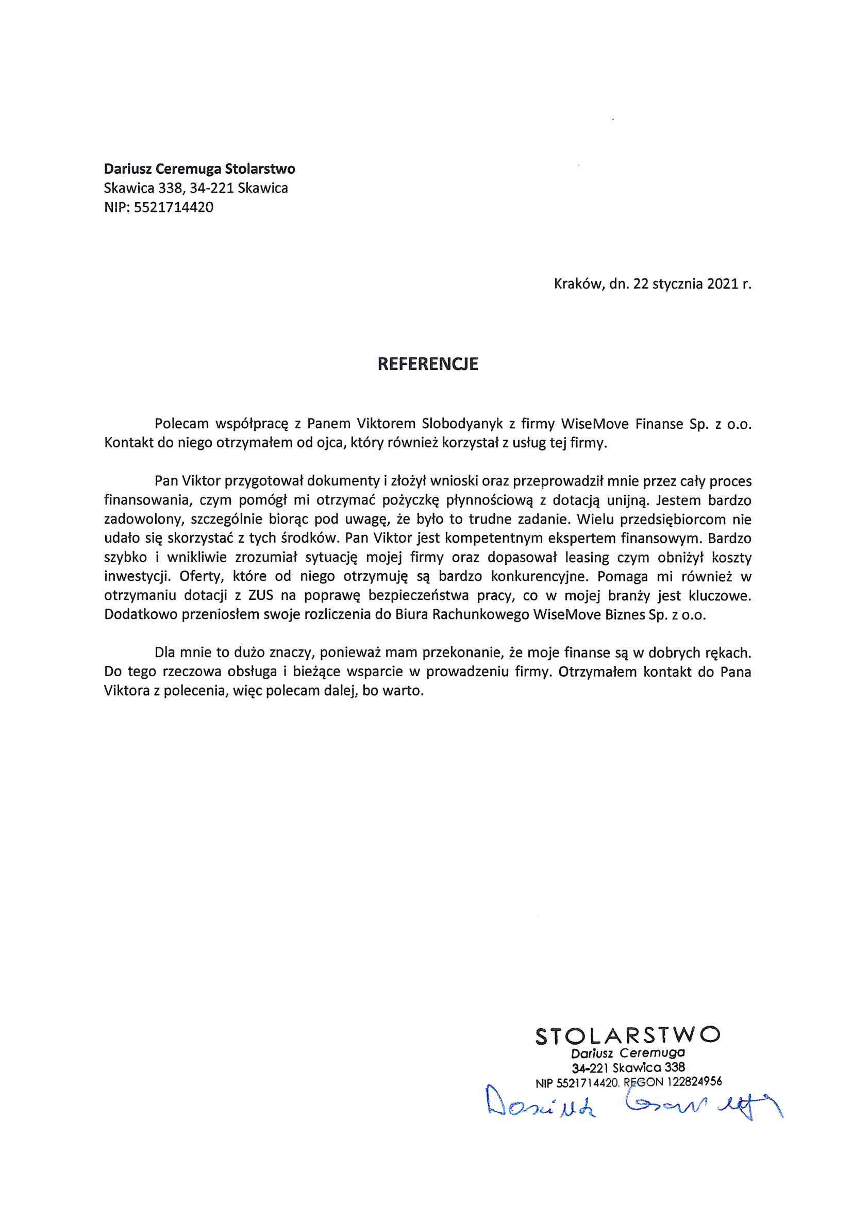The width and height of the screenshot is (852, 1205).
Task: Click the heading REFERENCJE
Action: [x=427, y=364]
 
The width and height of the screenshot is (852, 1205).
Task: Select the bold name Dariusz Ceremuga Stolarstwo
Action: [x=199, y=169]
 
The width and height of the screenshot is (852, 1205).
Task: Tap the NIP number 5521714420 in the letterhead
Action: [x=173, y=207]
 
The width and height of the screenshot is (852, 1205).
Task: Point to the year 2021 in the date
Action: [x=722, y=284]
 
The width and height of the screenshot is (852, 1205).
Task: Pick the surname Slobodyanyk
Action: [x=462, y=424]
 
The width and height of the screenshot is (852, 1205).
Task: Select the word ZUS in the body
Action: [x=260, y=596]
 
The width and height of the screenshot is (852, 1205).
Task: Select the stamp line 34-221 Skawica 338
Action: [x=628, y=1067]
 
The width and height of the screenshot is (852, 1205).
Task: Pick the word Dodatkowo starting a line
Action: [x=141, y=614]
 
